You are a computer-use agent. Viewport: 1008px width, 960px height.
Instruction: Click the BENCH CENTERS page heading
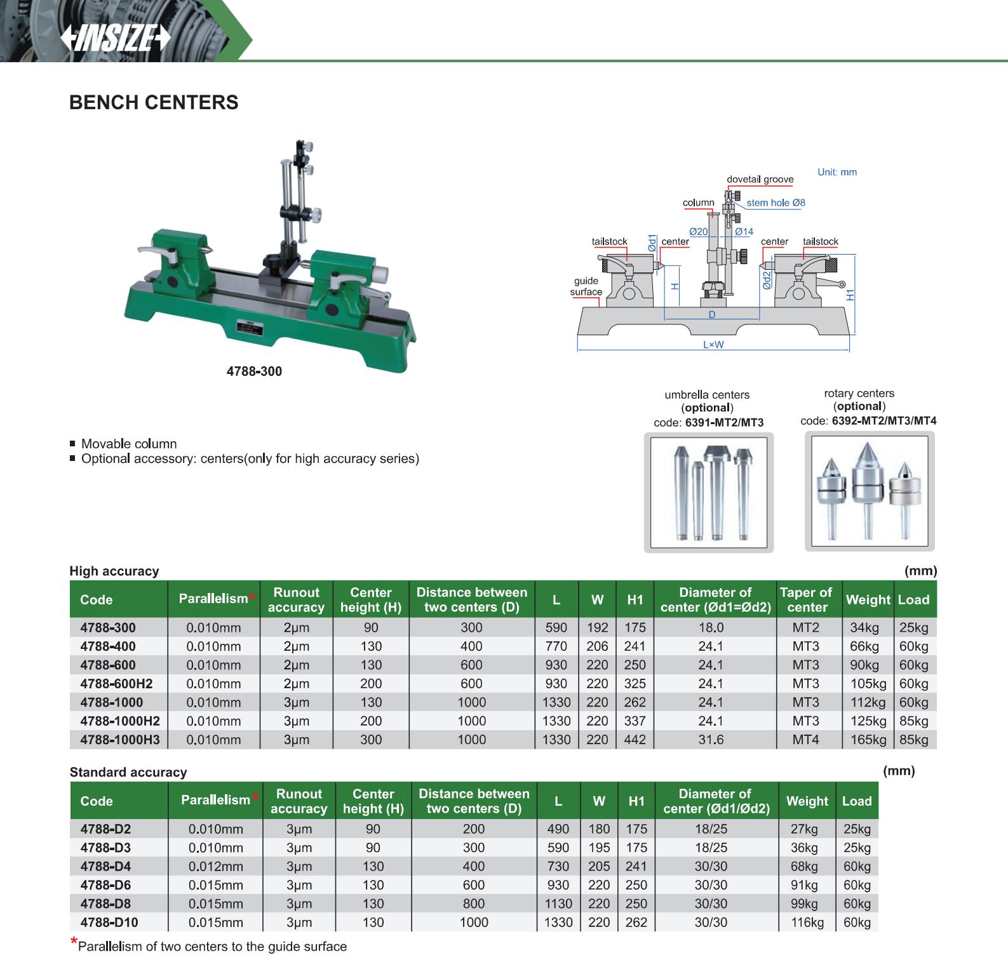[x=154, y=102]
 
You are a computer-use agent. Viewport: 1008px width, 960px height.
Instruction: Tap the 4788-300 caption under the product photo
[x=254, y=371]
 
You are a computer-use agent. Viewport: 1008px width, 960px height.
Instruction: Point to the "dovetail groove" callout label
[x=760, y=179]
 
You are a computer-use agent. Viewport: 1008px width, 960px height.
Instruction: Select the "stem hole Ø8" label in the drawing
[x=776, y=203]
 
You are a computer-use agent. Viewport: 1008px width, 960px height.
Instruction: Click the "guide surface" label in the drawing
[x=586, y=286]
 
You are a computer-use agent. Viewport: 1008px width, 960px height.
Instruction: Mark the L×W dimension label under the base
[x=713, y=345]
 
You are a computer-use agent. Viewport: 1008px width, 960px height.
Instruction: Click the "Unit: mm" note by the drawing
[x=837, y=172]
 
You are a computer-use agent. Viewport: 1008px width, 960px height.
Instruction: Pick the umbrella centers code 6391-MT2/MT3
[x=724, y=422]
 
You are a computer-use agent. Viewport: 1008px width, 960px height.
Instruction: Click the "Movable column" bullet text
[x=129, y=444]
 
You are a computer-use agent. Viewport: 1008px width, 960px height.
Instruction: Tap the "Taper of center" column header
[x=805, y=599]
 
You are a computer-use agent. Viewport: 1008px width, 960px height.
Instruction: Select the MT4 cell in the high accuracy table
[x=805, y=740]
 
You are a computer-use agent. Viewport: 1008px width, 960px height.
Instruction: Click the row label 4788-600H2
[x=116, y=684]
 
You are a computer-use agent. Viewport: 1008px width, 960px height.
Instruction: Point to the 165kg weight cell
[x=868, y=740]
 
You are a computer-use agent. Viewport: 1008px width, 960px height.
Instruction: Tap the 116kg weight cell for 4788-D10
[x=807, y=923]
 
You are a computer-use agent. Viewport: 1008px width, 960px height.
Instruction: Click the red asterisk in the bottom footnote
[x=74, y=942]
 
